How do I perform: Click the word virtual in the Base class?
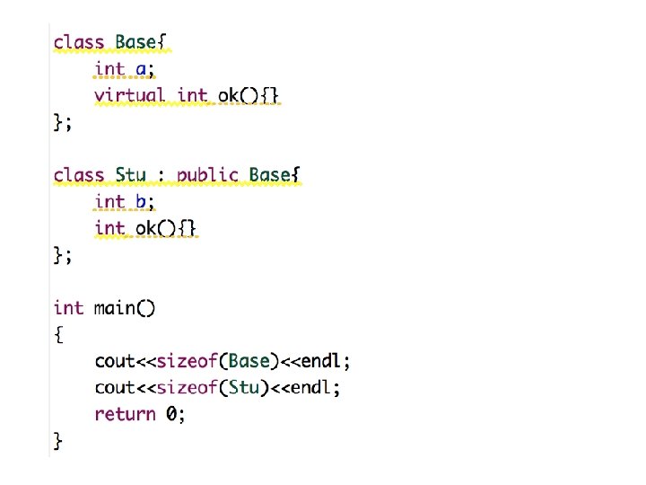pyautogui.click(x=130, y=94)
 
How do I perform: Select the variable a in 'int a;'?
pyautogui.click(x=142, y=68)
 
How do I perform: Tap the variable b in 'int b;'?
pyautogui.click(x=142, y=201)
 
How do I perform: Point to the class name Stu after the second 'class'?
pyautogui.click(x=131, y=175)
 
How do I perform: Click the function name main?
pyautogui.click(x=115, y=308)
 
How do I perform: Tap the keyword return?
pyautogui.click(x=125, y=414)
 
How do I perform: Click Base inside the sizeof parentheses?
pyautogui.click(x=249, y=361)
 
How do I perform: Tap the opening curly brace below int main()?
pyautogui.click(x=58, y=335)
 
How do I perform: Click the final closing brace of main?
pyautogui.click(x=58, y=440)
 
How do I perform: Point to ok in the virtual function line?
pyautogui.click(x=229, y=94)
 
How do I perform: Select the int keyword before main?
pyautogui.click(x=68, y=308)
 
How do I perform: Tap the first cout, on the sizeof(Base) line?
pyautogui.click(x=115, y=361)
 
